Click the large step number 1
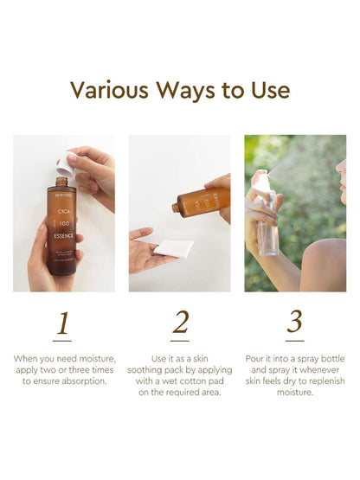[x=63, y=323]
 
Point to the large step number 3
[x=295, y=323]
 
